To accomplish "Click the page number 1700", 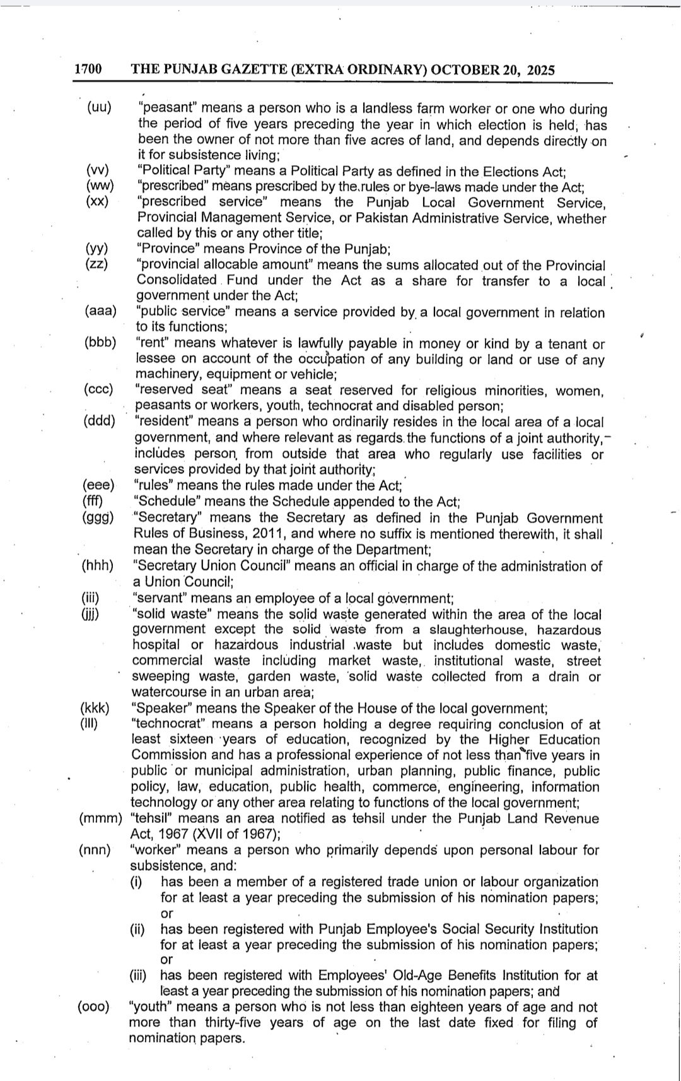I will click(88, 69).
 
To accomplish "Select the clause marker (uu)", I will click(99, 107).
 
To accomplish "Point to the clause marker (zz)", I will click(96, 264).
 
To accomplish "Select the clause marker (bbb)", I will click(100, 343).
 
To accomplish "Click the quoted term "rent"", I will click(152, 343).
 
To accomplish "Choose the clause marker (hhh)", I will click(98, 565).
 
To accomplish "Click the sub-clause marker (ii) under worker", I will click(137, 929).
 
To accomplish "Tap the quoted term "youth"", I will click(151, 1007).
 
